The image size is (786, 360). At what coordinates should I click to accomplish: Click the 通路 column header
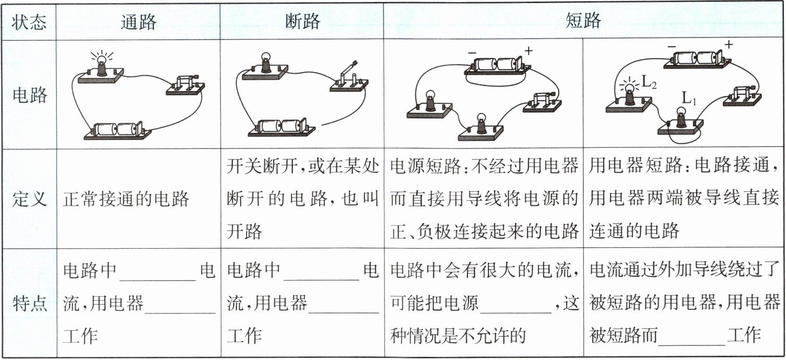pyautogui.click(x=138, y=21)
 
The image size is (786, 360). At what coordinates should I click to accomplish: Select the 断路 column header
pyautogui.click(x=302, y=21)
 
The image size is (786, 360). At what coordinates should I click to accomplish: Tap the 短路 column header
pyautogui.click(x=583, y=21)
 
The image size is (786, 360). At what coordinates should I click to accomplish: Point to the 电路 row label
pyautogui.click(x=29, y=95)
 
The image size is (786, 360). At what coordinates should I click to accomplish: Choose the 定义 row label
pyautogui.click(x=29, y=200)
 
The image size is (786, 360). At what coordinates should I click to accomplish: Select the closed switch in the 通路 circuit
pyautogui.click(x=185, y=84)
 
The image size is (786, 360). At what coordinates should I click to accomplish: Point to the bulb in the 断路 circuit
pyautogui.click(x=265, y=61)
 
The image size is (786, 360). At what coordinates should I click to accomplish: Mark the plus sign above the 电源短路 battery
pyautogui.click(x=529, y=51)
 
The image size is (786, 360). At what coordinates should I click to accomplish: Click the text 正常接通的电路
pyautogui.click(x=126, y=200)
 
